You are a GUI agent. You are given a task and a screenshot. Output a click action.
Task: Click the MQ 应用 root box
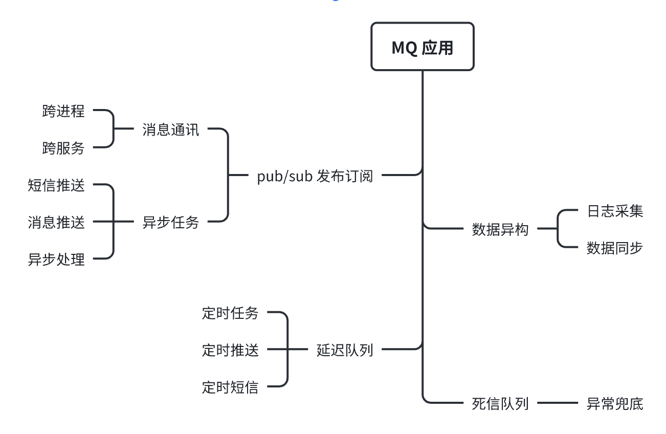point(423,47)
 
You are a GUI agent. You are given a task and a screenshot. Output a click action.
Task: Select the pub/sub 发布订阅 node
point(315,176)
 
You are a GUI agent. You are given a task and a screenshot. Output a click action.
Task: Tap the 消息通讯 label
point(171,129)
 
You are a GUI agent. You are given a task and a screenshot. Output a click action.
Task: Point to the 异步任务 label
point(171,222)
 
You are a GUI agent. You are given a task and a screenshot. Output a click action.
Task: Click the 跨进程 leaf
point(63,111)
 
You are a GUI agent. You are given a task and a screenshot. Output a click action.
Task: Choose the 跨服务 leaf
point(63,148)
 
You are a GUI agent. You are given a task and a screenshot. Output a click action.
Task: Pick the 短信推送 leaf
point(56,185)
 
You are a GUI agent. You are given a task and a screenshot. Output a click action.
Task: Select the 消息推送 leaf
point(56,222)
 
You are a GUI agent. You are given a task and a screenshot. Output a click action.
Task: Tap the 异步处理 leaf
point(56,259)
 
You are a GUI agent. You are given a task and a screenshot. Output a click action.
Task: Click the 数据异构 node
point(500,230)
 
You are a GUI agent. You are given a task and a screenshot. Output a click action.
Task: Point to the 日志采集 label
point(615,211)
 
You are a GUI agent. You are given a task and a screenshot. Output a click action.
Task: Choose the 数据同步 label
point(615,248)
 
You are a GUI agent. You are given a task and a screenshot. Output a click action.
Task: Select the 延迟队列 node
point(345,350)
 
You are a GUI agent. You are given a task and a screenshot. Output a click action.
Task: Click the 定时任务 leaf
point(230,313)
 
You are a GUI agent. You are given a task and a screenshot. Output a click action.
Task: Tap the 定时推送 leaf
point(230,350)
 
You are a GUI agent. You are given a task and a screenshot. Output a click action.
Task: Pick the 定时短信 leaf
point(230,387)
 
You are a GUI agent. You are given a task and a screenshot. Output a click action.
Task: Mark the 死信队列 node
point(500,404)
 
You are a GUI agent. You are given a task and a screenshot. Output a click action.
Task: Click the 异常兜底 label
point(615,404)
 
